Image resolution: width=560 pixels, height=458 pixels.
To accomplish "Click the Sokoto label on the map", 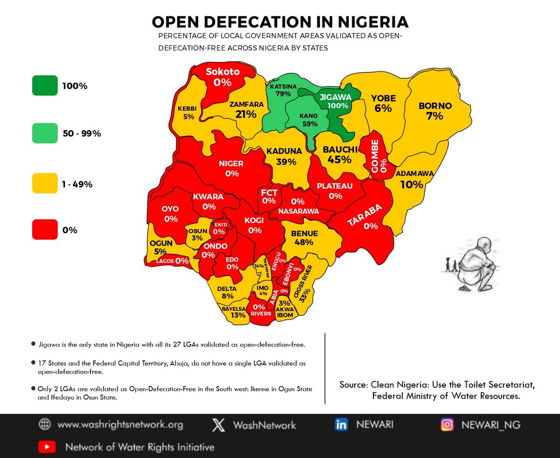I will pos(223,72).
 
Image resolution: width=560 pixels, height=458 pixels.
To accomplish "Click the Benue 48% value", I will pos(304,243).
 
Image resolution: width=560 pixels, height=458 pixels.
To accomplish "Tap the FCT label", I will pos(269,193).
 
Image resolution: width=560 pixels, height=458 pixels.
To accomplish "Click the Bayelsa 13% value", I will pos(238,315).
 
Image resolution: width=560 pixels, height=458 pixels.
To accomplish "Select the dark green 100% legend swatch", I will pos(45,86).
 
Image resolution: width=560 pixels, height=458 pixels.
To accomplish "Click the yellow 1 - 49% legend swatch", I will pos(45,184).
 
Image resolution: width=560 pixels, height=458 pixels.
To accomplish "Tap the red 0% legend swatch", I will pos(45,229).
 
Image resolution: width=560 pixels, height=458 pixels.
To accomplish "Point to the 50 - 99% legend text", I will pos(82,134).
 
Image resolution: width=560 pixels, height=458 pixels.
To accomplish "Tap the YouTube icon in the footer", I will pos(47,447).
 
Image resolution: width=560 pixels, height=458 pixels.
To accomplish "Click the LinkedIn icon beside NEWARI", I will pos(341,425).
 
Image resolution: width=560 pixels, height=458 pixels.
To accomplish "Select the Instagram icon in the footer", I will pos(447,425).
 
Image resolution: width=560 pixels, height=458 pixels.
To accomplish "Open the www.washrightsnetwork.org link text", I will pos(120,425).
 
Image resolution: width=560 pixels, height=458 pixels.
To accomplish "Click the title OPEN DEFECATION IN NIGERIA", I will pos(280,22).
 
